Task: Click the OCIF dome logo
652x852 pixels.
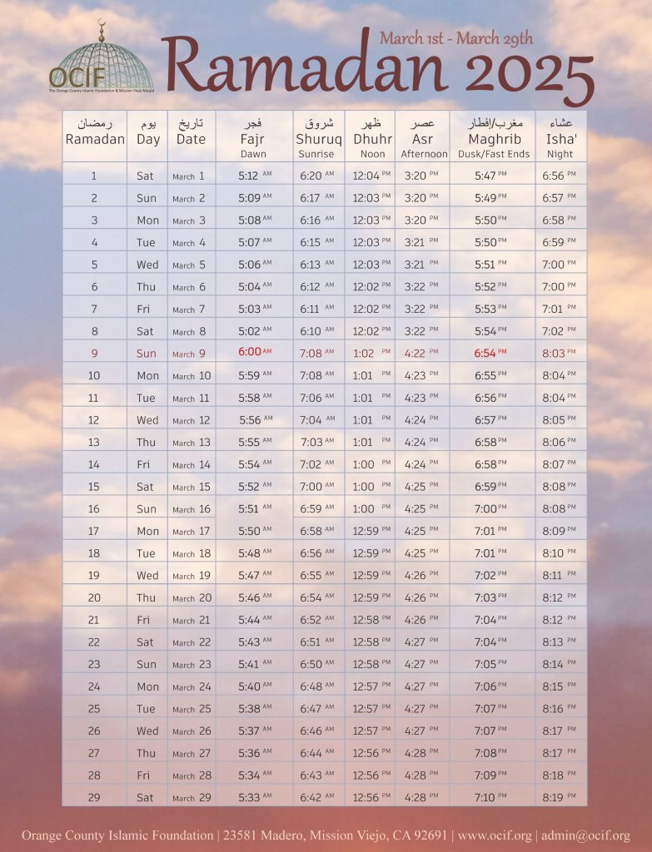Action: (102, 58)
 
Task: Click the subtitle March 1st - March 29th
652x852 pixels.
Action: (456, 37)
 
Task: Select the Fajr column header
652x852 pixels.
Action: (253, 138)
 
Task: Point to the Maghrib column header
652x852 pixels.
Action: (494, 138)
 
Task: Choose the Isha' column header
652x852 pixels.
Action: (560, 138)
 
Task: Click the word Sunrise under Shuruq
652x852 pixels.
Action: (316, 154)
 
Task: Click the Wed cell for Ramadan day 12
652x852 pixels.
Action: (147, 420)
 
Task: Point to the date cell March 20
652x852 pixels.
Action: (192, 597)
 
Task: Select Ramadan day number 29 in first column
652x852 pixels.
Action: (94, 797)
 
